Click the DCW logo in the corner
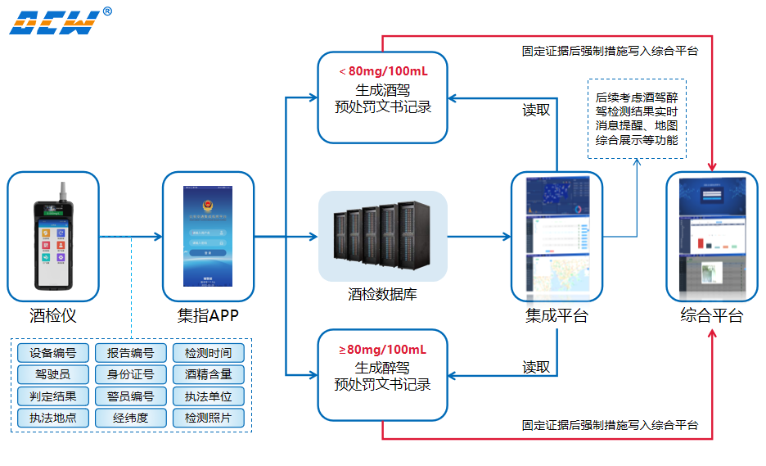[x=55, y=22]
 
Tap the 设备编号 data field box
[x=53, y=354]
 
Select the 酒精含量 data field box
[x=208, y=375]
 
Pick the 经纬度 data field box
[x=130, y=418]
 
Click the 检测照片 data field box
[x=208, y=418]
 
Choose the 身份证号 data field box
[x=130, y=375]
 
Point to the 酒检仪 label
[x=53, y=314]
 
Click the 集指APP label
[x=208, y=314]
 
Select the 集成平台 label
[x=556, y=315]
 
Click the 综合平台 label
[x=712, y=315]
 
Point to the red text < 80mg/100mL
[x=383, y=70]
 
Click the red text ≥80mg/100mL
[x=383, y=350]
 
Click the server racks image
[x=382, y=238]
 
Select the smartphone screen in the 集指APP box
[x=208, y=237]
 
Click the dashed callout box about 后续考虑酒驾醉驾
[x=637, y=119]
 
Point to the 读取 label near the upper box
[x=536, y=110]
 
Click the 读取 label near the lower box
[x=536, y=367]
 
